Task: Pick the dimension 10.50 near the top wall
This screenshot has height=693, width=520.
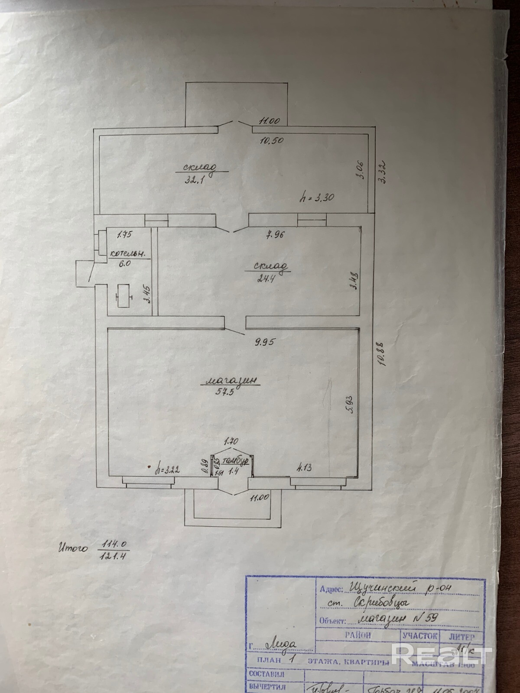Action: [271, 140]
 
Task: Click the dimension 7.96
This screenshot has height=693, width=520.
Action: [276, 236]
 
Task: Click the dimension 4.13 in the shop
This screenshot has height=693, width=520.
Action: [305, 468]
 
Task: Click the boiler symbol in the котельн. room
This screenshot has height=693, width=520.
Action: [124, 296]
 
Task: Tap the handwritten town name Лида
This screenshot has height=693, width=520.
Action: [280, 644]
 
